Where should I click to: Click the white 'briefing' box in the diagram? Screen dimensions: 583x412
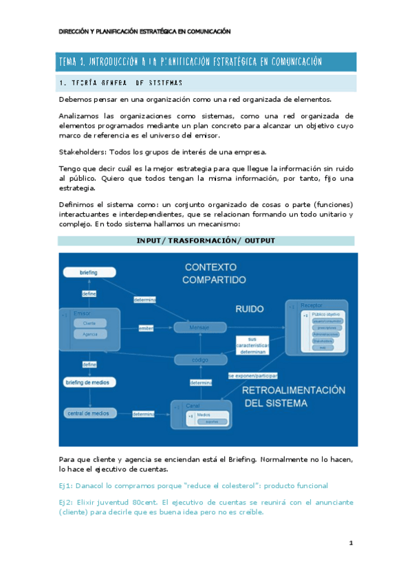click(89, 273)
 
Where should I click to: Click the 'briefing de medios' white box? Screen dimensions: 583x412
click(90, 382)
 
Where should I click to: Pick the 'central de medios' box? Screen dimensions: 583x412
click(88, 413)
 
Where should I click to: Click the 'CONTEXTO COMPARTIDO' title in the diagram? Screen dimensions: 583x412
click(214, 273)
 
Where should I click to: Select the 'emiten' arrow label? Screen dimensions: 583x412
click(146, 327)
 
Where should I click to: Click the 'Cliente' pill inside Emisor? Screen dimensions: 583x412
click(89, 323)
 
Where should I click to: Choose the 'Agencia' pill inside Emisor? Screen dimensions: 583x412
click(89, 333)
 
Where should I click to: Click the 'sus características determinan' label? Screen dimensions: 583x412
click(252, 344)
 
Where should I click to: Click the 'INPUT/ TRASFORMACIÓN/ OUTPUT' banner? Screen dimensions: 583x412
click(206, 241)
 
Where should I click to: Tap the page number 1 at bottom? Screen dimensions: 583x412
click(351, 543)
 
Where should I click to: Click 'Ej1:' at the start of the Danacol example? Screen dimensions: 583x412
click(67, 485)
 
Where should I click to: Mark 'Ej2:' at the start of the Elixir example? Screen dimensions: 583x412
click(67, 502)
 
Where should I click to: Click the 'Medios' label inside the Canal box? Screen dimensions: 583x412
click(204, 415)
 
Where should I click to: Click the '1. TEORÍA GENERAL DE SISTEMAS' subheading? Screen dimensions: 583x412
click(120, 83)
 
